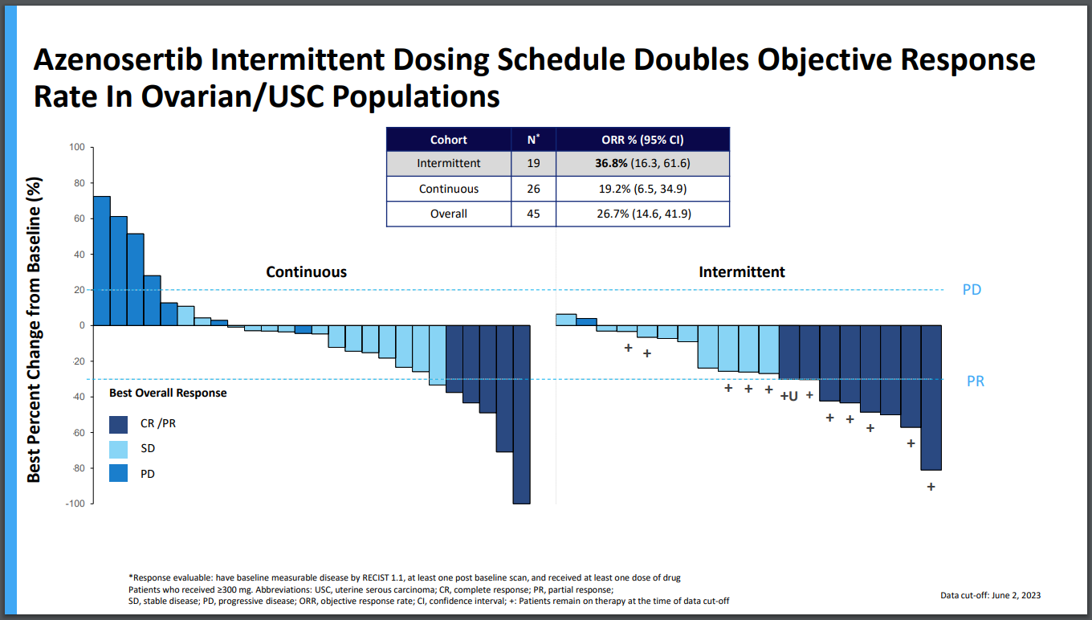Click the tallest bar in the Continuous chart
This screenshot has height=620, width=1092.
pos(102,260)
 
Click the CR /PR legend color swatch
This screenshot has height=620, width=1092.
pos(118,423)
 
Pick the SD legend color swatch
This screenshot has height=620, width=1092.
pos(118,449)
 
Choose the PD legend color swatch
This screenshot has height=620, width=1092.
pos(118,474)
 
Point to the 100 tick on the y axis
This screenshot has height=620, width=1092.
pos(76,148)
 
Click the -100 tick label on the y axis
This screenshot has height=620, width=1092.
pos(75,504)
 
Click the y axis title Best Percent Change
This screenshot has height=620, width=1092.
pos(34,329)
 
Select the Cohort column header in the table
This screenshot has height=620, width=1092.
pos(448,140)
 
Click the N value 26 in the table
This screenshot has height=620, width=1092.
pos(532,190)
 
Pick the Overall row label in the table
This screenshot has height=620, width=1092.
pos(448,214)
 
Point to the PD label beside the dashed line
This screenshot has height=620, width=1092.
pos(972,290)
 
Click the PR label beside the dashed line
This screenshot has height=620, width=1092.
pos(975,381)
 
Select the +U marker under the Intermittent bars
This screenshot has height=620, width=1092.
pos(788,396)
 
